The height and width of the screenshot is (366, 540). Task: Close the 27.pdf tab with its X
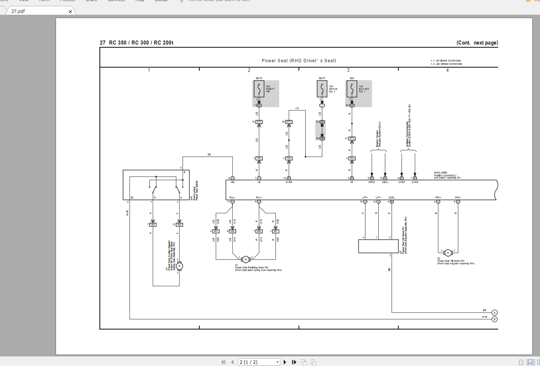pyautogui.click(x=70, y=11)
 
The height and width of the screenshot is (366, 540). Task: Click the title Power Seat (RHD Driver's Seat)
pyautogui.click(x=299, y=61)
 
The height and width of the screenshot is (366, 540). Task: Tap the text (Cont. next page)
pyautogui.click(x=477, y=43)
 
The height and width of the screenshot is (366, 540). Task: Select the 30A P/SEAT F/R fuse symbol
pyautogui.click(x=259, y=89)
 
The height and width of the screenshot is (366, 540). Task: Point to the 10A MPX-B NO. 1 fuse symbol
pyautogui.click(x=322, y=89)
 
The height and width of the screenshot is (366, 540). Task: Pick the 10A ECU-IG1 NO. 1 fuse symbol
pyautogui.click(x=352, y=89)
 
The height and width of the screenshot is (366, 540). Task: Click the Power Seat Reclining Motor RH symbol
pyautogui.click(x=246, y=259)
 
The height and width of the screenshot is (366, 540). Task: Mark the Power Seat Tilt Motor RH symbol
pyautogui.click(x=448, y=253)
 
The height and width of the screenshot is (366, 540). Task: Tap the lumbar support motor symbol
pyautogui.click(x=179, y=266)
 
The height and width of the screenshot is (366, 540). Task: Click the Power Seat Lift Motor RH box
pyautogui.click(x=378, y=246)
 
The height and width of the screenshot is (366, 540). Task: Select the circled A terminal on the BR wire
pyautogui.click(x=494, y=313)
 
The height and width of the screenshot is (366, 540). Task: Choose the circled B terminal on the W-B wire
pyautogui.click(x=494, y=319)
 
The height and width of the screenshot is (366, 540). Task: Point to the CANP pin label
pyautogui.click(x=402, y=182)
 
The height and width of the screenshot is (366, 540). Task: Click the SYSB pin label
pyautogui.click(x=289, y=182)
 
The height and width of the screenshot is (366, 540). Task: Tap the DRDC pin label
pyautogui.click(x=372, y=182)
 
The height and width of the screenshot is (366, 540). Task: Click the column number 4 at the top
pyautogui.click(x=448, y=70)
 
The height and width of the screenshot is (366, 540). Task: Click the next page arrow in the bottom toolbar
pyautogui.click(x=285, y=362)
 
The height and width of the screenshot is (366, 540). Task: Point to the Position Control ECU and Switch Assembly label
pyautogui.click(x=447, y=175)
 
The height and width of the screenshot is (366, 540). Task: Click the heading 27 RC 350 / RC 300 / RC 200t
pyautogui.click(x=137, y=43)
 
